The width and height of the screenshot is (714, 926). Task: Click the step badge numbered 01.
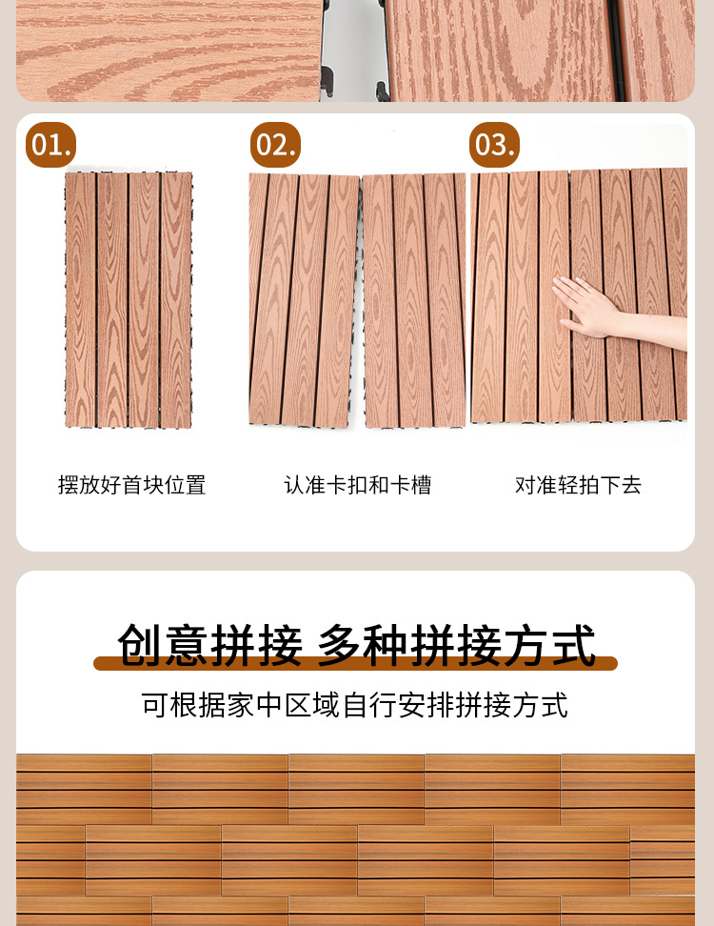50,145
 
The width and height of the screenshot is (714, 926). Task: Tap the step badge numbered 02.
276,145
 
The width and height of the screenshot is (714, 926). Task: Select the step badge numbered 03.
494,145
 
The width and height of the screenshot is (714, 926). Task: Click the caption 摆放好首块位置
131,485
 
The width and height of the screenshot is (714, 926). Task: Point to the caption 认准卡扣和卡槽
357,485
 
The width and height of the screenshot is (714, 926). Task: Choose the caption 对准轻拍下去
579,485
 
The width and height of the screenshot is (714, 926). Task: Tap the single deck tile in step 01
129,299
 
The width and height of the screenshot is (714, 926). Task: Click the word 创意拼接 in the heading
210,646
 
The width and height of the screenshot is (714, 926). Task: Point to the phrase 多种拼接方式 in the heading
457,646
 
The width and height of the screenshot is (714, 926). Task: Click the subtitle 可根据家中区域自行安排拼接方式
355,705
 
